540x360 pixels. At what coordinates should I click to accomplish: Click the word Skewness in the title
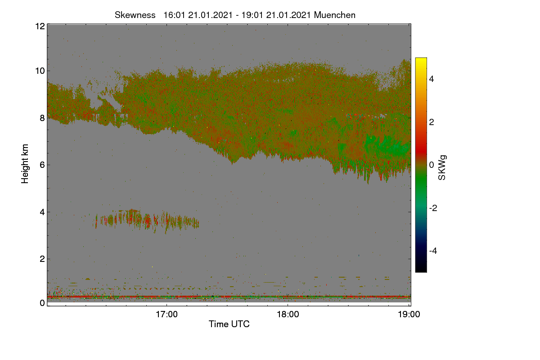tap(135, 15)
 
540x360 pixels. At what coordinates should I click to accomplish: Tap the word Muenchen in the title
tap(335, 15)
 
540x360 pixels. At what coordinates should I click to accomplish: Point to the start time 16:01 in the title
tap(174, 15)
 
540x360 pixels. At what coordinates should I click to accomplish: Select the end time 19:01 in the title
tap(252, 15)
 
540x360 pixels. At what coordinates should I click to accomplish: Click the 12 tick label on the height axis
tap(40, 26)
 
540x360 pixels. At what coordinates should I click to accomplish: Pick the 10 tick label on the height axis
tap(40, 71)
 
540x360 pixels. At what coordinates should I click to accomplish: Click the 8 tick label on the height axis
tap(43, 118)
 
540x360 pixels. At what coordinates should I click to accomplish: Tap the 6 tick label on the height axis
tap(43, 165)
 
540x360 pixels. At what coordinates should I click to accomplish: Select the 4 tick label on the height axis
tap(43, 212)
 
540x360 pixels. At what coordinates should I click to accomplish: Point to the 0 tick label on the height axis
tap(43, 303)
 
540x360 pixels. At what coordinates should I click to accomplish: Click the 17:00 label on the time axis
tap(166, 315)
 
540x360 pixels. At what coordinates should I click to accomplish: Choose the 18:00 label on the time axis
tap(288, 315)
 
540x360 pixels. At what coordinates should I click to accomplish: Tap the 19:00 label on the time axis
tap(409, 315)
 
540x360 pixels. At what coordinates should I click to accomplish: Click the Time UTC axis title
tap(229, 324)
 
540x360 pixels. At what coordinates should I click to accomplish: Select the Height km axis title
tap(25, 164)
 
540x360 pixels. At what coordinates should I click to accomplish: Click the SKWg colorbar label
tap(442, 168)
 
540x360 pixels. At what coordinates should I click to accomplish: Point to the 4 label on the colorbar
tap(432, 79)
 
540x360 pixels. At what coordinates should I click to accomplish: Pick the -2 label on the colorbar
tap(433, 208)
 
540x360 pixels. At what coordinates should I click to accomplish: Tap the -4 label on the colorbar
tap(433, 251)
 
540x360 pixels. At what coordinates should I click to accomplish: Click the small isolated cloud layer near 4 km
tap(146, 220)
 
